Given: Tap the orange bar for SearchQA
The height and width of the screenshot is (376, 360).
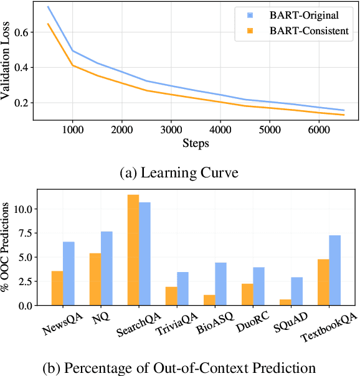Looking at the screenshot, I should [133, 250].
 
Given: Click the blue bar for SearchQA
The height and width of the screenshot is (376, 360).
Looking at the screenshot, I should [144, 254].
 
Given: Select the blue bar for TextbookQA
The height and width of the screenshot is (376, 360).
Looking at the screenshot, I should [334, 270].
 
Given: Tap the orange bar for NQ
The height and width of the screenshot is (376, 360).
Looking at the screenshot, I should [95, 279].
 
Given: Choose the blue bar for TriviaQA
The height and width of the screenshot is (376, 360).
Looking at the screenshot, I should [182, 288].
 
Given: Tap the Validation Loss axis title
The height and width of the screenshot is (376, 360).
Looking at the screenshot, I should [7, 61].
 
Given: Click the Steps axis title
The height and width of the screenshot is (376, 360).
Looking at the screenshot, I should [196, 143].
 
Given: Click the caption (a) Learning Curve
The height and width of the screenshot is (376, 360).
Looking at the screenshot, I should [179, 172].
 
